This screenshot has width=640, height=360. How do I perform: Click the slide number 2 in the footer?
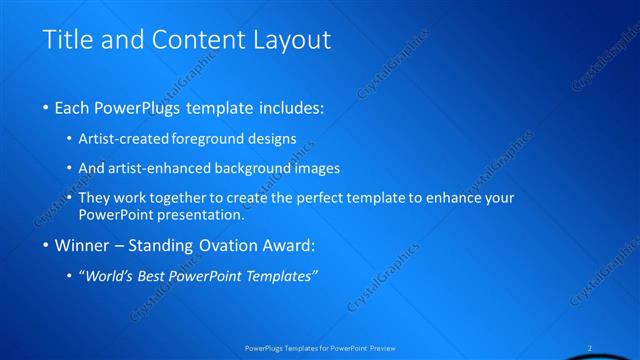(x=590, y=349)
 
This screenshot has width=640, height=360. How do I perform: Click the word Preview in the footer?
(x=383, y=349)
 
